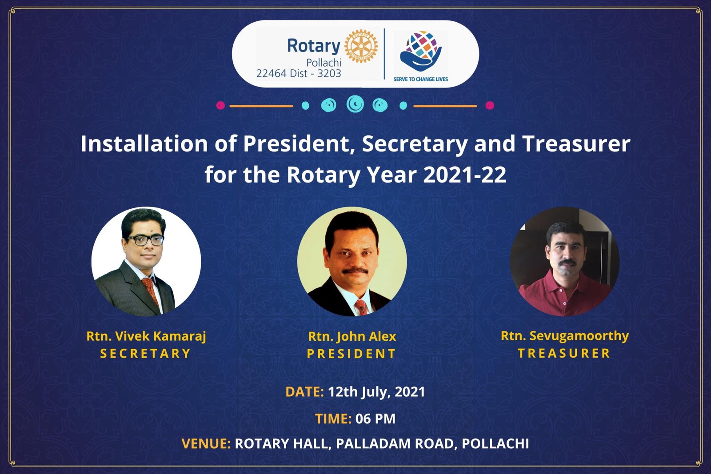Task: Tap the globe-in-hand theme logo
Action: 420,51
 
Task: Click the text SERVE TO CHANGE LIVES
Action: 420,80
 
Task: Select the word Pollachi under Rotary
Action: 324,63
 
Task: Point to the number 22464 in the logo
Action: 271,74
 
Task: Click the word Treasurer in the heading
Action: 576,144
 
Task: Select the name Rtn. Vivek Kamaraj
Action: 146,336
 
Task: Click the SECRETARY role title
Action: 145,354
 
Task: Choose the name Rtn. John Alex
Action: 352,336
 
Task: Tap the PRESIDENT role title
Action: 352,354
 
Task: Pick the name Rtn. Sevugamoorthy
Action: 564,336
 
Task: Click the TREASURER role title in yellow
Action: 564,354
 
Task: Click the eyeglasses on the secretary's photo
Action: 145,240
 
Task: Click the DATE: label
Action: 304,392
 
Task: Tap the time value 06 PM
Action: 375,418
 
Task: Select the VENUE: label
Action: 206,443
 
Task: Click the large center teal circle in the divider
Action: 355,104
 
